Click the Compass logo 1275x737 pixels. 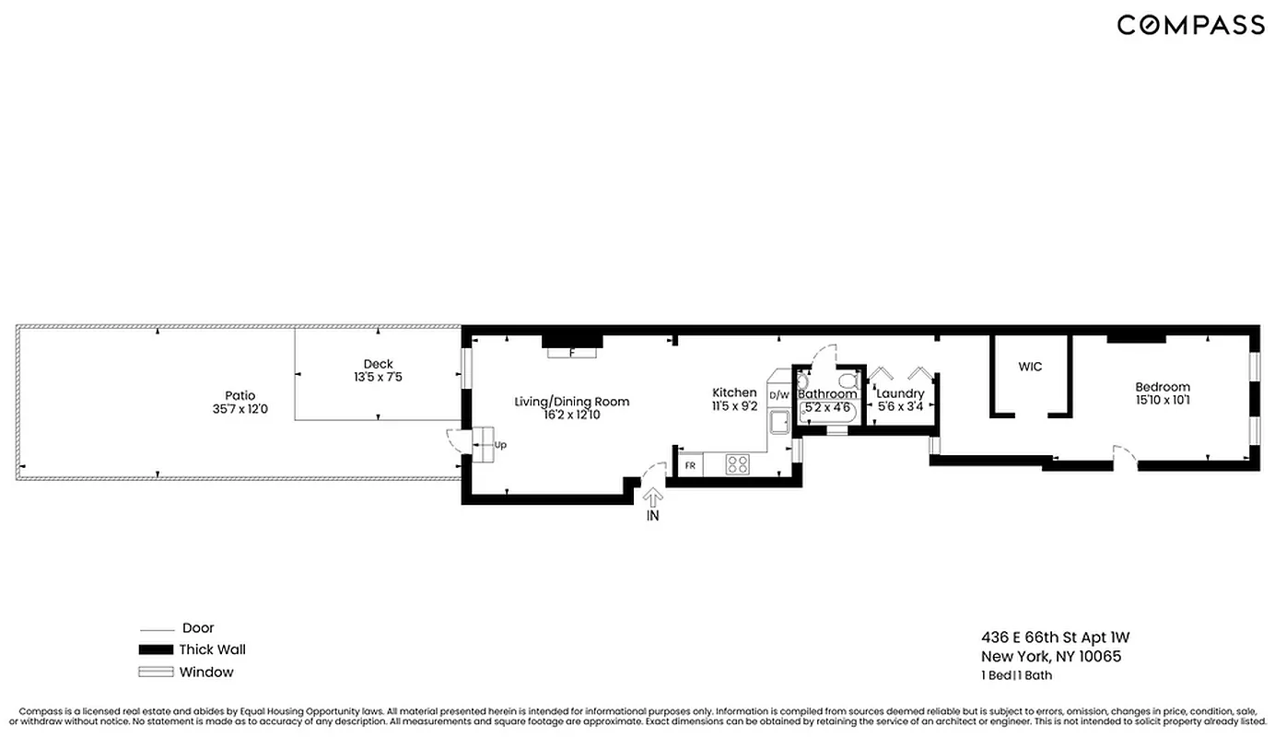(x=1190, y=25)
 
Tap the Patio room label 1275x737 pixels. (x=240, y=395)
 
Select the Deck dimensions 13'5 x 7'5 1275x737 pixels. (x=378, y=377)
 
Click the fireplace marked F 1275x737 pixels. (x=571, y=352)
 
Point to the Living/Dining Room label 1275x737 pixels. (x=571, y=402)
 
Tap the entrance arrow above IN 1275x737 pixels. (x=652, y=497)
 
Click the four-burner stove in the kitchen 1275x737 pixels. (x=737, y=464)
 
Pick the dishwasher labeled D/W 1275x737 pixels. (x=779, y=395)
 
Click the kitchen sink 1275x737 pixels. (x=779, y=422)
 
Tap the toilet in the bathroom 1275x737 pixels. (x=847, y=380)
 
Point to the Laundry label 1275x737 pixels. (x=900, y=393)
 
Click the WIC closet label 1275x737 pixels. (x=1030, y=367)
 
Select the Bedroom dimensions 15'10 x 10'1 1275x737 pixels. (x=1162, y=400)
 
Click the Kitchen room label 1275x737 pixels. (x=734, y=393)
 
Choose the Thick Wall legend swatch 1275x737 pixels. (x=156, y=649)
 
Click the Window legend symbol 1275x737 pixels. (x=156, y=673)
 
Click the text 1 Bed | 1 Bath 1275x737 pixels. (x=1016, y=675)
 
